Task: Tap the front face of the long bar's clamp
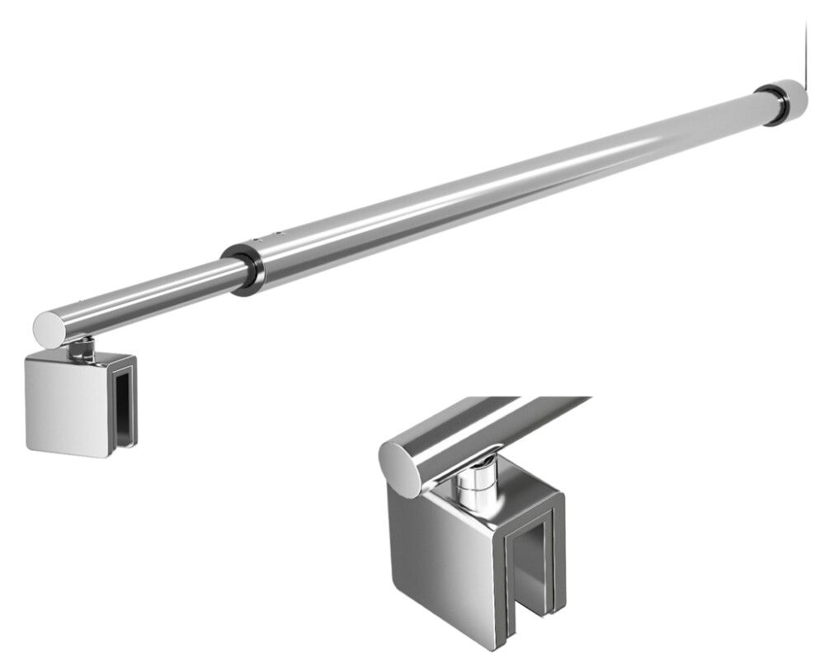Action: click(67, 405)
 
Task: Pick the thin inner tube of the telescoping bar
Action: click(148, 292)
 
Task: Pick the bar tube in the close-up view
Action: click(495, 425)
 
